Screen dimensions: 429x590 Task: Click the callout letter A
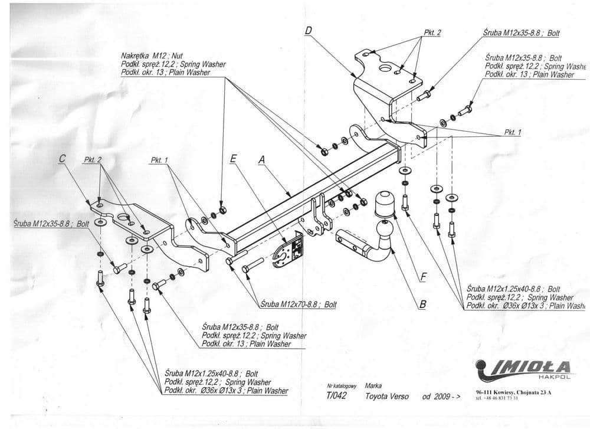coord(261,159)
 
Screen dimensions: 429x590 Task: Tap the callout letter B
coord(422,304)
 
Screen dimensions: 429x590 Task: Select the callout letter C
coord(62,159)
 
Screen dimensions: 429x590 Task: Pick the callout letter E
coord(233,159)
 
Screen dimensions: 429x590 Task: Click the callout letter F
coord(422,274)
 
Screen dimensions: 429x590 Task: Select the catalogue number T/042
coord(336,397)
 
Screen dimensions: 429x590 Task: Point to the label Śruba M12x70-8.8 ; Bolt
coord(298,304)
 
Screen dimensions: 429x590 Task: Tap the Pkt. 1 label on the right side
coord(512,133)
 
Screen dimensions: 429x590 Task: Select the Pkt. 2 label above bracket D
coord(432,33)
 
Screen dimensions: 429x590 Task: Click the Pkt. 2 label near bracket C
coord(93,160)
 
